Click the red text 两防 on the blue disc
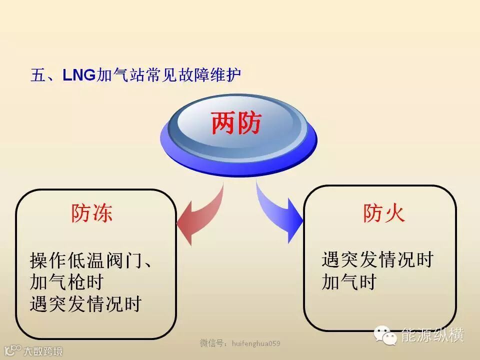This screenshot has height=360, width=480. (x=236, y=123)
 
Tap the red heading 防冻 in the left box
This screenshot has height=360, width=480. (x=91, y=213)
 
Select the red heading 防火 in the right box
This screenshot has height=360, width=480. (x=383, y=213)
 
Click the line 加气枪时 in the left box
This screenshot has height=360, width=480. (x=66, y=282)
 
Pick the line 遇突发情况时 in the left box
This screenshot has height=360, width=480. (x=85, y=303)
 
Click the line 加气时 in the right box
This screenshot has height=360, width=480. (x=348, y=282)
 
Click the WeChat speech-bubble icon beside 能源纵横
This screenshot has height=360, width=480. (x=386, y=335)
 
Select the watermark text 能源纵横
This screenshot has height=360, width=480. (x=433, y=335)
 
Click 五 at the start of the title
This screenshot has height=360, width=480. (x=38, y=75)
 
